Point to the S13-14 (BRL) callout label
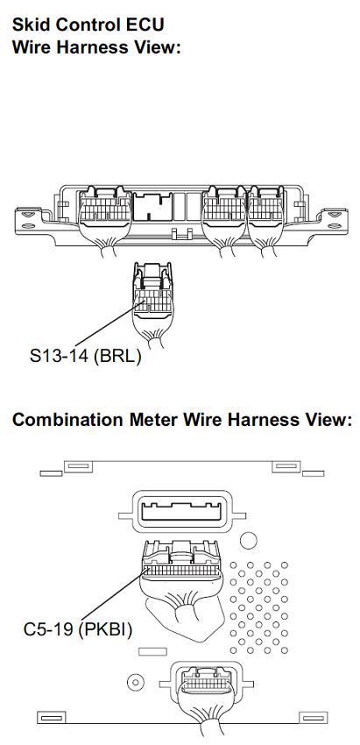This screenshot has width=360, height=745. coord(86,356)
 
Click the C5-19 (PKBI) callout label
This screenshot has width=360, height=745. coord(78,629)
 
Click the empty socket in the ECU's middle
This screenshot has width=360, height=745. coord(153,207)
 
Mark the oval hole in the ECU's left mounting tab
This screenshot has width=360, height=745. coord(28,226)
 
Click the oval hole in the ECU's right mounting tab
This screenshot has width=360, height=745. coord(335,226)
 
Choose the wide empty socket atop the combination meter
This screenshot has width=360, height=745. coord(182,511)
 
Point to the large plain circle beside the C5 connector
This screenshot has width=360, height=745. coord(249,540)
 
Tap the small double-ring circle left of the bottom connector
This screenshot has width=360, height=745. coord(136,682)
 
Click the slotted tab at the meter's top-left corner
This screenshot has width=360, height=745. coord(78,466)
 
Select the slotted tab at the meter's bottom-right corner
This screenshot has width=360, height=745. coord(313,718)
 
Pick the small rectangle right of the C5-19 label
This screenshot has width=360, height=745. coord(152,651)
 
